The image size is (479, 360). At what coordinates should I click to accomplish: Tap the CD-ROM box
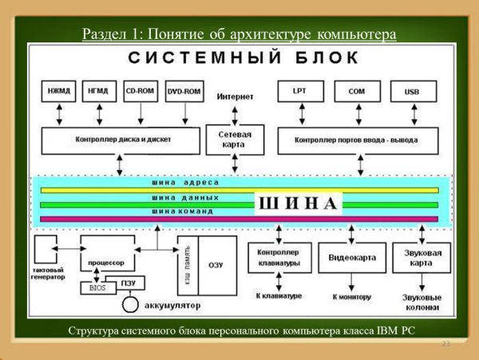[x=140, y=92]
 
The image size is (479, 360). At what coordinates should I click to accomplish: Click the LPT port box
[x=299, y=92]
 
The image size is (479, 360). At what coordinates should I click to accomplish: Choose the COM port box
[x=355, y=92]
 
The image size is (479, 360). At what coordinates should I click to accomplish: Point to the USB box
[x=412, y=92]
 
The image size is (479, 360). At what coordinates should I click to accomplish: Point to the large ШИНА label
[x=299, y=204]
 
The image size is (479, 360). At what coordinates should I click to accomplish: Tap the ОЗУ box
[x=216, y=264]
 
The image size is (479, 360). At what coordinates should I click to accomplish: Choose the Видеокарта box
[x=352, y=258]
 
